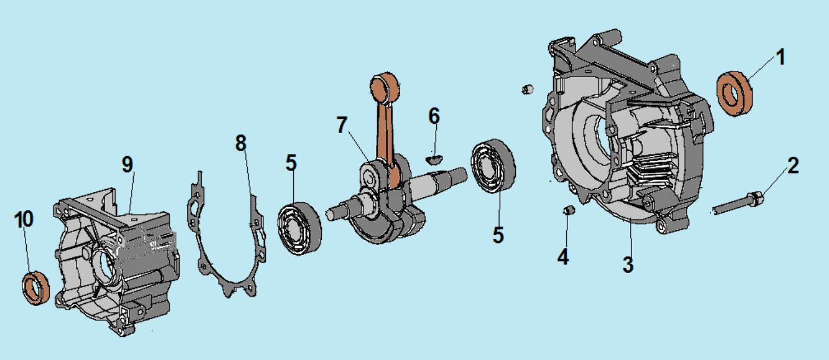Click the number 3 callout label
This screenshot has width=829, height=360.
pyautogui.click(x=628, y=264)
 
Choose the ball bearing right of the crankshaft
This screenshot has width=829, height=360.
pyautogui.click(x=495, y=168)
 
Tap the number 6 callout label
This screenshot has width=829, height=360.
pyautogui.click(x=434, y=116)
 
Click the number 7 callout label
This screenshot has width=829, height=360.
pyautogui.click(x=342, y=124)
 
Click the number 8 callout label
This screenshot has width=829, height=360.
pyautogui.click(x=241, y=142)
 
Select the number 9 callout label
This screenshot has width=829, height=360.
pyautogui.click(x=127, y=164)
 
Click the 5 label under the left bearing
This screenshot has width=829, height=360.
pyautogui.click(x=291, y=163)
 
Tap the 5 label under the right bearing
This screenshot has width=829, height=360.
pyautogui.click(x=498, y=234)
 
